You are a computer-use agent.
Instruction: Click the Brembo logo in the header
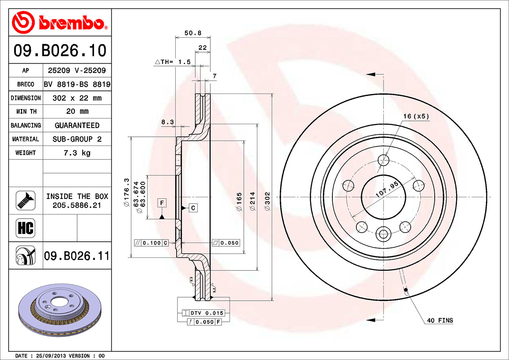tap(60, 22)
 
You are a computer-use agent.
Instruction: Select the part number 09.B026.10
tap(60, 51)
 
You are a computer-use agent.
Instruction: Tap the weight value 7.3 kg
tap(77, 153)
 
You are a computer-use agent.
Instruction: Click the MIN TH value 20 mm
tap(77, 111)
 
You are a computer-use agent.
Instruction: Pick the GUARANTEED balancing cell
tap(77, 125)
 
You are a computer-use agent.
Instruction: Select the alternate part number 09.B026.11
tap(76, 256)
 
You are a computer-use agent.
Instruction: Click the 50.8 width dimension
tap(192, 33)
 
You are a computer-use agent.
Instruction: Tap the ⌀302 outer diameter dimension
tap(267, 201)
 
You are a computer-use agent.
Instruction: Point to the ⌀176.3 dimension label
tap(127, 192)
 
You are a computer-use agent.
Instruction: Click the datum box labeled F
tap(162, 203)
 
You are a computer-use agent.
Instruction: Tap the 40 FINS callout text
tap(440, 320)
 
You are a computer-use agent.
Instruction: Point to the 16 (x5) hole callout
tap(416, 116)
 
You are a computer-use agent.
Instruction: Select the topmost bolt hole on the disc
tap(383, 160)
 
